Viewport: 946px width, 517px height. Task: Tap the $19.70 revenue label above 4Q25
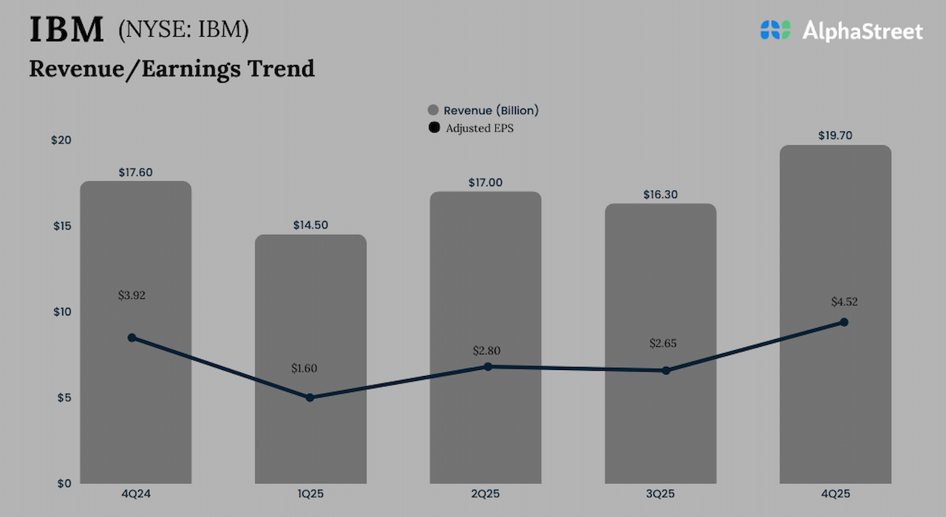coord(836,136)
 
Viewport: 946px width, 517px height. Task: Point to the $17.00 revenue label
coord(486,182)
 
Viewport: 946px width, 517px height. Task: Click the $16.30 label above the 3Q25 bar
coord(661,195)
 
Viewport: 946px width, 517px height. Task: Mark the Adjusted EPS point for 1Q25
coord(310,397)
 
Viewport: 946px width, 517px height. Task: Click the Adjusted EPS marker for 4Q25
coord(844,322)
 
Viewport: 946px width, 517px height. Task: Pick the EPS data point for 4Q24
coord(132,338)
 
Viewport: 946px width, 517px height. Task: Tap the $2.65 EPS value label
coord(663,343)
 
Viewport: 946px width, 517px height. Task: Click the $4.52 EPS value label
coord(844,301)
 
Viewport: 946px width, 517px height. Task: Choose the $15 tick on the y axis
coord(62,226)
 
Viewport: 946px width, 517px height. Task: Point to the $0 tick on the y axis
coord(65,483)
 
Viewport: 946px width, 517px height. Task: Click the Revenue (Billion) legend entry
coord(484,110)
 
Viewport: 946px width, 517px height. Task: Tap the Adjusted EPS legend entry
coord(473,128)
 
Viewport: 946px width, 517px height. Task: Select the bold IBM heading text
coord(67,30)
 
